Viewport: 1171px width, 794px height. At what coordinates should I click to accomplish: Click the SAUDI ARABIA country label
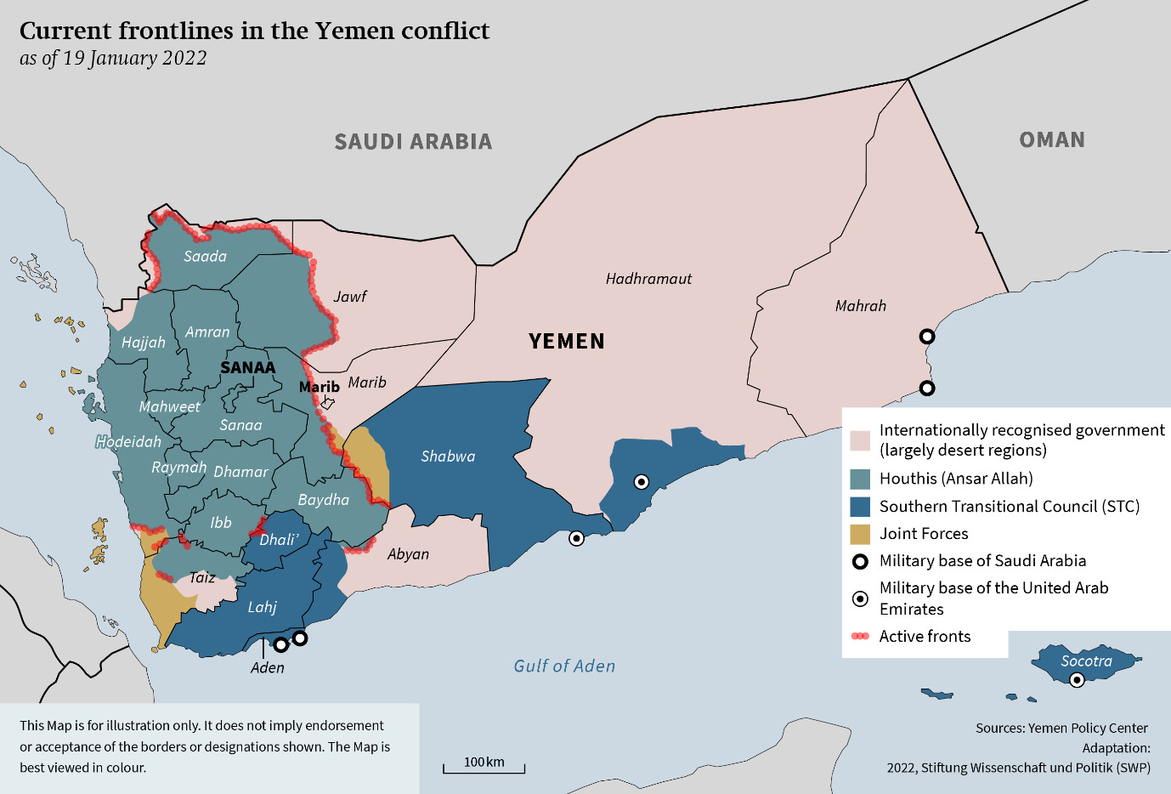point(413,141)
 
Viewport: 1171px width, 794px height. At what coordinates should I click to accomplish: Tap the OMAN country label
point(1052,139)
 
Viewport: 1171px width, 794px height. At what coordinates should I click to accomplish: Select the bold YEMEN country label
point(567,341)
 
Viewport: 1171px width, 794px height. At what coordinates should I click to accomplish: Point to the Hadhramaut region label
point(648,279)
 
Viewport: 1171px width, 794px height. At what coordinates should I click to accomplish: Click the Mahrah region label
point(860,306)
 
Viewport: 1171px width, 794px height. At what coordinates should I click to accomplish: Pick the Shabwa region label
point(448,457)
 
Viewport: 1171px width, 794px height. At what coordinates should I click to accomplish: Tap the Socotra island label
point(1086,661)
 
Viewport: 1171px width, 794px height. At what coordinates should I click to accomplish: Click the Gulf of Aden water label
point(564,666)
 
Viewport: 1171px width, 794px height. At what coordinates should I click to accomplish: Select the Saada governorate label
point(205,256)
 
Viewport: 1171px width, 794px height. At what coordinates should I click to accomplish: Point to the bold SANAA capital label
point(247,367)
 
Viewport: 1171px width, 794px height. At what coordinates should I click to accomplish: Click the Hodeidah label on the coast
point(128,441)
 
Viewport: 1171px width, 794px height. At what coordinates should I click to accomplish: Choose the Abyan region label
point(408,554)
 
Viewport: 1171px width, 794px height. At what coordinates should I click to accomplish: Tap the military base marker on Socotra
point(1077,679)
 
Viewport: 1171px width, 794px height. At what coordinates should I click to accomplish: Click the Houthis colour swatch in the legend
point(860,479)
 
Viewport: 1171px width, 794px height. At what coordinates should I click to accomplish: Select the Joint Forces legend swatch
point(860,534)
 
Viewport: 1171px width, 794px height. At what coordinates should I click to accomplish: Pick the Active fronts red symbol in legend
point(860,636)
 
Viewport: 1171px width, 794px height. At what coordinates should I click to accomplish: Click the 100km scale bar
point(484,768)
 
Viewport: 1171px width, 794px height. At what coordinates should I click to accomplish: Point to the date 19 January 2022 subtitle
point(113,58)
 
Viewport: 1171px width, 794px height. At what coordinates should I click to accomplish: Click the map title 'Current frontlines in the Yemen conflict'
point(254,31)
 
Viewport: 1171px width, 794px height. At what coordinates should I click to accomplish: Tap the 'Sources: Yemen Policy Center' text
point(1061,728)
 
